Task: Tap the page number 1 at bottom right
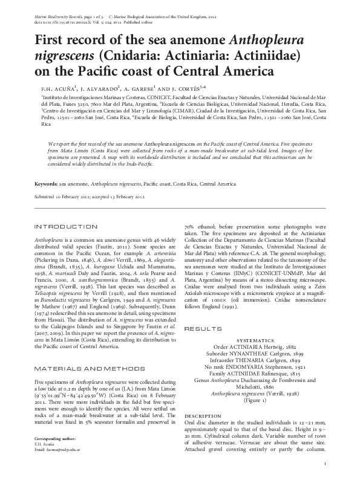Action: [326, 464]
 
